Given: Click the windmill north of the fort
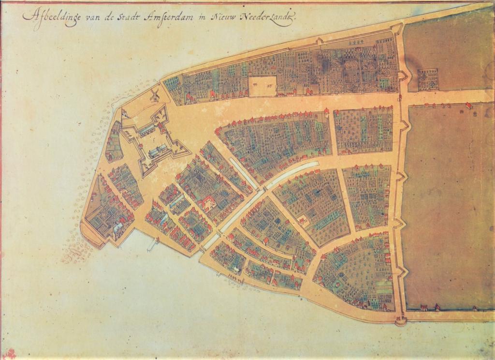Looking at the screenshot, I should (155, 94).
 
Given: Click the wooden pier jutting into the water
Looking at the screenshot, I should (153, 245).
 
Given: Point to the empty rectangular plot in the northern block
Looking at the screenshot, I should (262, 86).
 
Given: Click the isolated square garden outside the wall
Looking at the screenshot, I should (428, 79).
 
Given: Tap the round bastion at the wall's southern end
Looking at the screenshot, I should (400, 320).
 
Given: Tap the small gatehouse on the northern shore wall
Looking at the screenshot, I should (320, 41).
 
